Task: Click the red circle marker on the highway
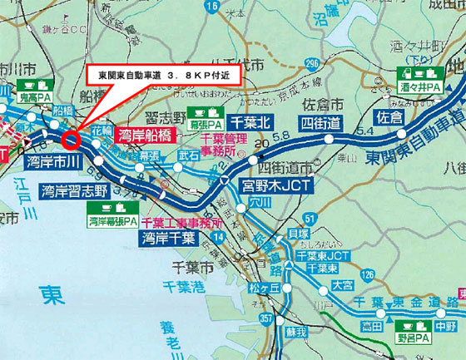point(70,138)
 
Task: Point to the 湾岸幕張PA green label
point(112,222)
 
